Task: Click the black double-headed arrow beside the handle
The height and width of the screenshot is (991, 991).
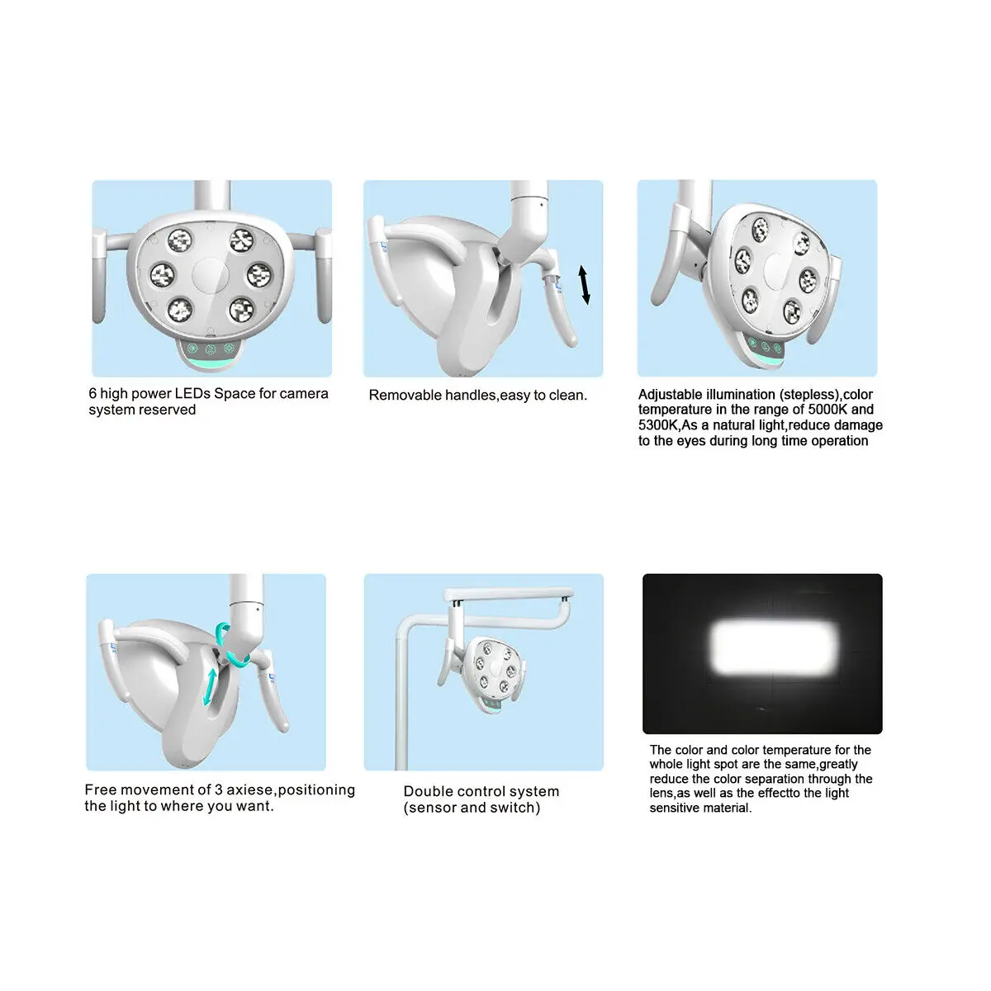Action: (585, 285)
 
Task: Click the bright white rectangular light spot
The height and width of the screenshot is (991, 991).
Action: (775, 646)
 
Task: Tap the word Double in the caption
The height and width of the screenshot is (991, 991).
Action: (426, 792)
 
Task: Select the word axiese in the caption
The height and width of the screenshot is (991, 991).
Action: (250, 790)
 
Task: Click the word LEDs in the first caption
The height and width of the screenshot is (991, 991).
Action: (192, 394)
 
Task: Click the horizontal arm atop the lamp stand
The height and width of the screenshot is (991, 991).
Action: (507, 595)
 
